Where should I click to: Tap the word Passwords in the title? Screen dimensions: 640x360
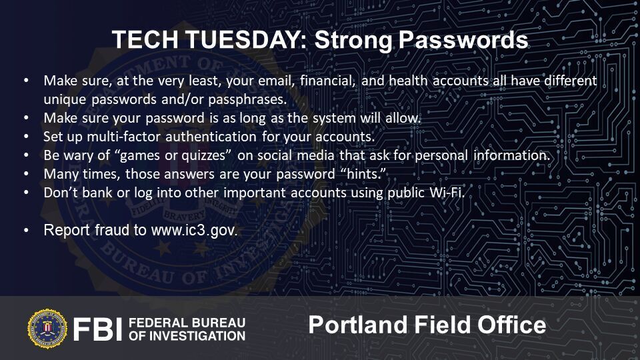point(463,40)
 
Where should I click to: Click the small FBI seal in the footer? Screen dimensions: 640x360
point(47,329)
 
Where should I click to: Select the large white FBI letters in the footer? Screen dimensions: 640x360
point(97,329)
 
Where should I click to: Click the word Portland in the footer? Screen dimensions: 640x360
point(358,325)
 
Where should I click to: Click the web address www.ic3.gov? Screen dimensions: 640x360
point(194,230)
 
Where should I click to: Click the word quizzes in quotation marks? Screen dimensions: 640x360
point(204,155)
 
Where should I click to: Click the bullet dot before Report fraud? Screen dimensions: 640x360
point(27,230)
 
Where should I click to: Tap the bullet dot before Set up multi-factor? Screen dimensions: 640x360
point(27,137)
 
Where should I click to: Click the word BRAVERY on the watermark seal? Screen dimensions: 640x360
point(185,215)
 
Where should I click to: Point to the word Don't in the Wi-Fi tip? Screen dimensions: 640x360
point(61,192)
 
